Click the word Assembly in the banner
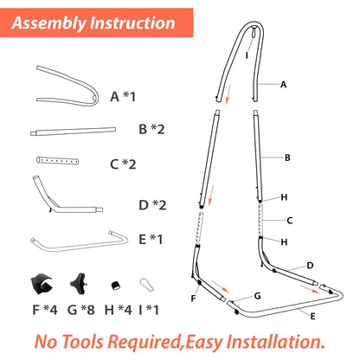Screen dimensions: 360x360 48,23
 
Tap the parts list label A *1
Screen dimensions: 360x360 123,96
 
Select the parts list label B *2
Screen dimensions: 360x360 151,129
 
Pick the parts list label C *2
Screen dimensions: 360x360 123,164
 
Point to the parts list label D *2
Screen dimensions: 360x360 152,205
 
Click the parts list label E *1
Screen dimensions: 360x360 151,239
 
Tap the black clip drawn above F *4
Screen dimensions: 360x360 42,284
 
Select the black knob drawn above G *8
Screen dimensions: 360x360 79,284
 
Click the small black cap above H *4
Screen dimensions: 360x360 116,286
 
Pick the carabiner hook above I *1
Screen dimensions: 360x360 147,285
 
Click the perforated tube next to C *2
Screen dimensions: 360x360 58,161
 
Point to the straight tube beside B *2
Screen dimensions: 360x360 74,132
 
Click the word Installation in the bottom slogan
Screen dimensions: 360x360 275,342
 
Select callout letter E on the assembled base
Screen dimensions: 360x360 312,317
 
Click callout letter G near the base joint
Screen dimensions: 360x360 257,296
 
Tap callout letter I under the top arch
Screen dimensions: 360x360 247,55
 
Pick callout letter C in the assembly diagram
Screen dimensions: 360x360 290,221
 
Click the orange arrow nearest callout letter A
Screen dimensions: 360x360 228,94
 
